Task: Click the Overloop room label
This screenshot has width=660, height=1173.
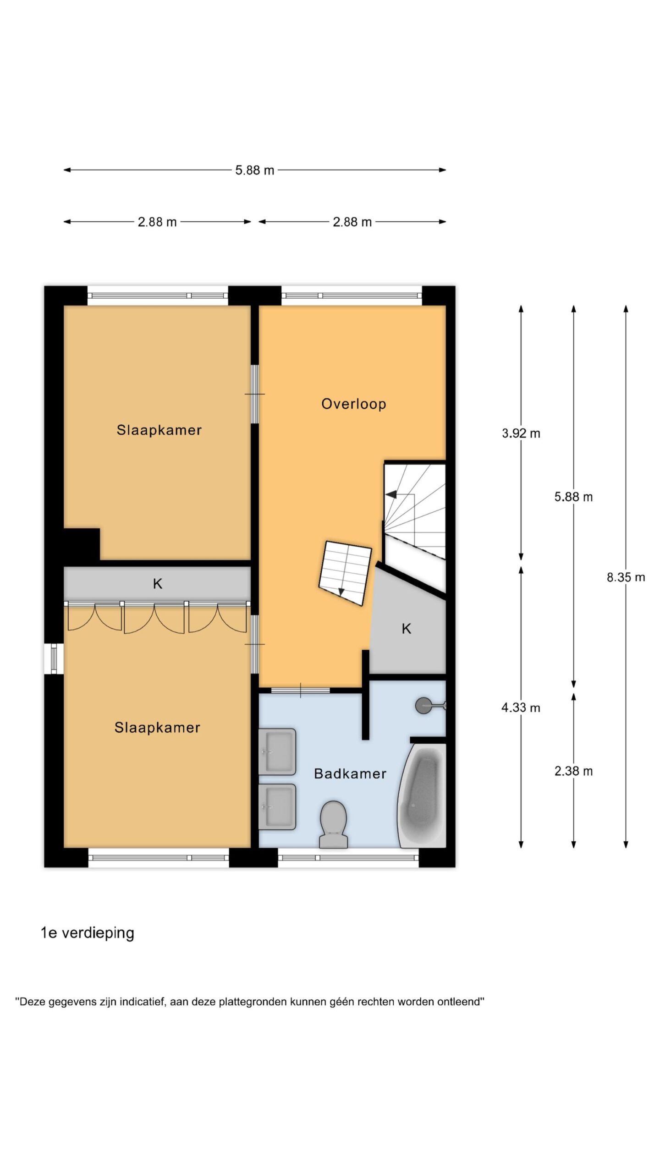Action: pos(353,404)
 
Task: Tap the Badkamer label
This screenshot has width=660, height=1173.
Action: pos(350,773)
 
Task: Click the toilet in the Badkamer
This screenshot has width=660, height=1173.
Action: pos(333,824)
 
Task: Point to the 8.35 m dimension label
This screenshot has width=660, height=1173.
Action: pos(626,577)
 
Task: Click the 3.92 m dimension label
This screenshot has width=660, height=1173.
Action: pos(521,433)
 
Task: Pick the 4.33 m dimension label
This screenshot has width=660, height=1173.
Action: pos(521,707)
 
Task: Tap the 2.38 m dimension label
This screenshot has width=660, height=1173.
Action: pos(573,771)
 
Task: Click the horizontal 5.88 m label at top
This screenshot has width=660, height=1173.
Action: pos(254,170)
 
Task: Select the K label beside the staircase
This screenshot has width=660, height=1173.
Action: pos(406,629)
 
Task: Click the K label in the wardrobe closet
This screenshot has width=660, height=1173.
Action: pos(157,583)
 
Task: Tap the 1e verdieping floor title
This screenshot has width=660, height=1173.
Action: pos(87,932)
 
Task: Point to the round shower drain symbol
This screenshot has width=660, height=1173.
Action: pos(423,705)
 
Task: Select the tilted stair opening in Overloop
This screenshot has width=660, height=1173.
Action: pos(345,573)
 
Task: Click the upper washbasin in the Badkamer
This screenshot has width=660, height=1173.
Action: pos(277,751)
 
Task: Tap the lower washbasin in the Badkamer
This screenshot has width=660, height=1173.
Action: pos(277,807)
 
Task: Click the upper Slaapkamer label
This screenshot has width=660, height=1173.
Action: pos(159,430)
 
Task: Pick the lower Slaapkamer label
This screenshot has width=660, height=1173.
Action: pos(157,727)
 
